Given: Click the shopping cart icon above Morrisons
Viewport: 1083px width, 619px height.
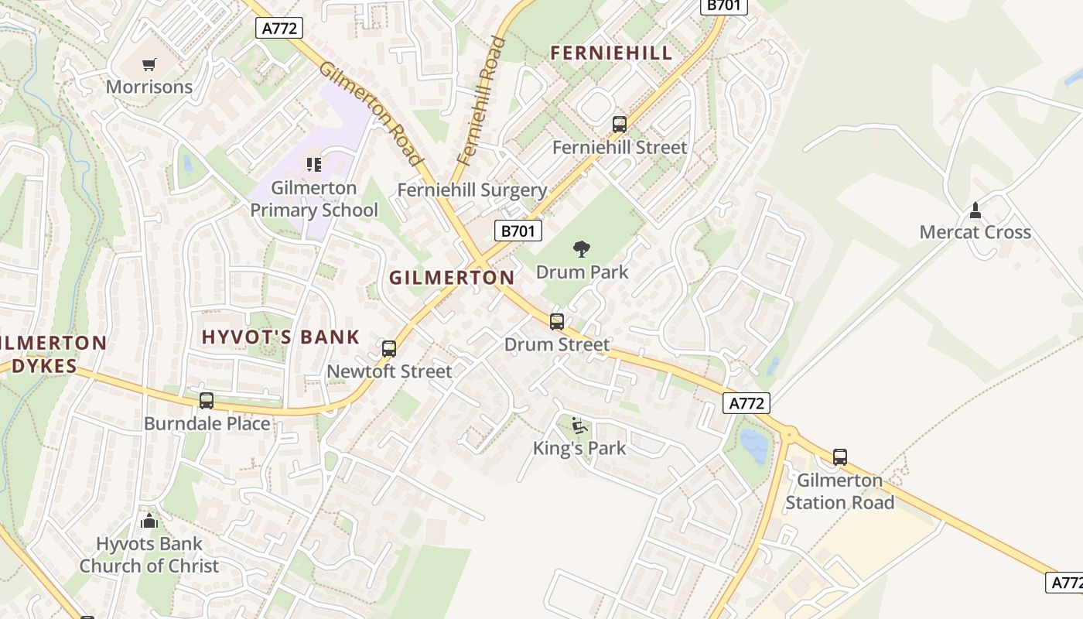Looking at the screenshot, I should [x=149, y=65].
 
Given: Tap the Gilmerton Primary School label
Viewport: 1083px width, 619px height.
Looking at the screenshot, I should [x=314, y=199].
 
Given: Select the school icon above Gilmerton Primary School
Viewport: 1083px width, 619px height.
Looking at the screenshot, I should [x=313, y=164].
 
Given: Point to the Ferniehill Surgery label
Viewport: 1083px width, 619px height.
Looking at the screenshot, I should [x=472, y=190].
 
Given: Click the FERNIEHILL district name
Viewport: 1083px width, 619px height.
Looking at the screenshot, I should [x=610, y=53].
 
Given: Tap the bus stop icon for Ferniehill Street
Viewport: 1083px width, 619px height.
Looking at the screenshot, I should [x=619, y=124].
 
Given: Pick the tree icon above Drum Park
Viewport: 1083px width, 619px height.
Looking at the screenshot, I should [x=582, y=248].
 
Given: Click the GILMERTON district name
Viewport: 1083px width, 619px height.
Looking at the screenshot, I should [x=452, y=278].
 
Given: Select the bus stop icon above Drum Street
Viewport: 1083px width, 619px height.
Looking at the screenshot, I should [x=557, y=321].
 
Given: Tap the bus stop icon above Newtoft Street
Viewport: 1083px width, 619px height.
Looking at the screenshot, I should [x=389, y=348].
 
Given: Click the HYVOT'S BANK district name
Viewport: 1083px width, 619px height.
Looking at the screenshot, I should [x=280, y=337].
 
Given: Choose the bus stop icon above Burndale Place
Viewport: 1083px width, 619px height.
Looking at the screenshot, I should [x=207, y=400].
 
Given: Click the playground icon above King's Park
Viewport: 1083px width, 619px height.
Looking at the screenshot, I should [x=579, y=425].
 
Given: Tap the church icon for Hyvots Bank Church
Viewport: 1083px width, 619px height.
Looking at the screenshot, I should [x=149, y=521].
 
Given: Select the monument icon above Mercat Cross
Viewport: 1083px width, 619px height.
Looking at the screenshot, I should [x=975, y=209].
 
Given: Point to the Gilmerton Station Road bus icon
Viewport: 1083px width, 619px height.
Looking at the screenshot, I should [x=840, y=457].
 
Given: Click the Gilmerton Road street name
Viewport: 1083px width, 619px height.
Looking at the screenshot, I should [x=371, y=114].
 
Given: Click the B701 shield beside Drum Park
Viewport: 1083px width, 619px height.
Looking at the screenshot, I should [x=518, y=231].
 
